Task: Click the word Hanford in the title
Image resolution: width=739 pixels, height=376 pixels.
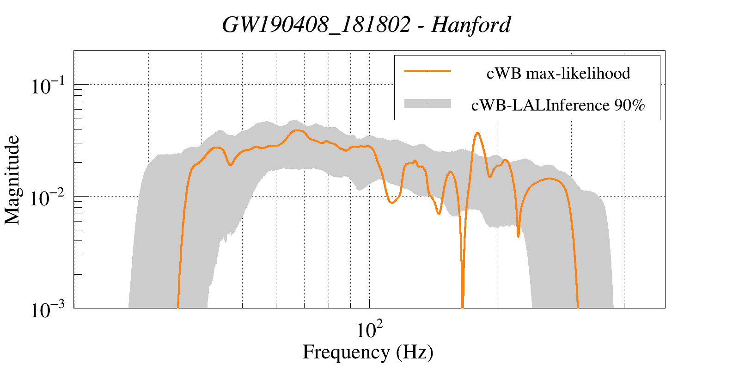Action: point(471,25)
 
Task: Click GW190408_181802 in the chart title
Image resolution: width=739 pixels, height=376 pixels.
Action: point(316,25)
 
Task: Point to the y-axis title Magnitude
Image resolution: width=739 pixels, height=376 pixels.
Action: point(12,180)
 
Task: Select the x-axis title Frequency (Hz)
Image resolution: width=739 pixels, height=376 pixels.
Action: point(368,352)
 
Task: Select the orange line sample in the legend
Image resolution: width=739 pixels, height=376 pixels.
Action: point(428,71)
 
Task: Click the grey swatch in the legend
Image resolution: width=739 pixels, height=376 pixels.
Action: point(428,104)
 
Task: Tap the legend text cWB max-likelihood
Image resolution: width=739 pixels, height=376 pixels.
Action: point(558,73)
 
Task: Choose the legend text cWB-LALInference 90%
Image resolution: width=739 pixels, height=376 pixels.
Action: point(558,105)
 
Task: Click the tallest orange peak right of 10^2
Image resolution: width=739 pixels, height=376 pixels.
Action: point(477,133)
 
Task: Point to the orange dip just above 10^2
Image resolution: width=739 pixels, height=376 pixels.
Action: point(391,203)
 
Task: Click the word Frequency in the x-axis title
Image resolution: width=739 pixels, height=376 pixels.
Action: point(346,352)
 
